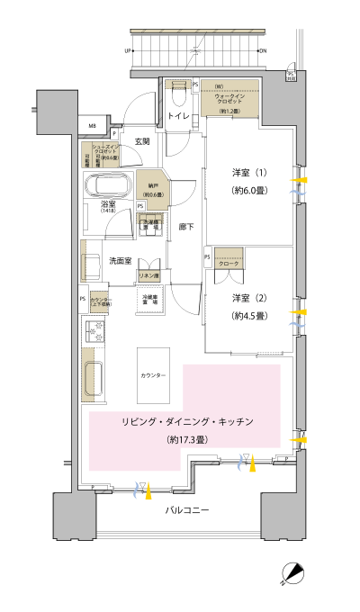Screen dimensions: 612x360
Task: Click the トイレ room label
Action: (177, 117)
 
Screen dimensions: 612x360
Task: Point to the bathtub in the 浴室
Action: (108, 187)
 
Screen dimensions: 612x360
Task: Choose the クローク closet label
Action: (229, 262)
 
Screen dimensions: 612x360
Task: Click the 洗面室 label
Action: (121, 260)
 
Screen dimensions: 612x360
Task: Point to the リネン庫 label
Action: (148, 274)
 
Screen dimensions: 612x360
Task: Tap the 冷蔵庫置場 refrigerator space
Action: (149, 299)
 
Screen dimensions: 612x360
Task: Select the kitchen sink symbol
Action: (94, 380)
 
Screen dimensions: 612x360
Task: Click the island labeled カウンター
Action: (153, 373)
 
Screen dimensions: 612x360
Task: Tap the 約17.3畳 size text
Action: (188, 440)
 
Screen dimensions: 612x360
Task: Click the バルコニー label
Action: (187, 510)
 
